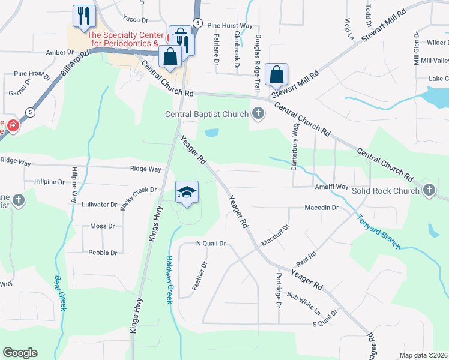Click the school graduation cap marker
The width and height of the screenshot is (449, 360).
187,193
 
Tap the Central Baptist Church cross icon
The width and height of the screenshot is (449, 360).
258,113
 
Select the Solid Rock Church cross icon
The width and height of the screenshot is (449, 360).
429,190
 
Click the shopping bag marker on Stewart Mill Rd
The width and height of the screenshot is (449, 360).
276,75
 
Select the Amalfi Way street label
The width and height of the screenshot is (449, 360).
332,187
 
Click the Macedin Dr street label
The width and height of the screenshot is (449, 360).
322,208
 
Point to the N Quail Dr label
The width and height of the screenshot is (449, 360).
211,244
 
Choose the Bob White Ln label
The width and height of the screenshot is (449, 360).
304,303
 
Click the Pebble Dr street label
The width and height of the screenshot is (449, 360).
103,253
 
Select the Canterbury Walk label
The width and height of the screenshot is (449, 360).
294,147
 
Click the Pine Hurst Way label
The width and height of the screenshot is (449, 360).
230,26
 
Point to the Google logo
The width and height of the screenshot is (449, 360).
20,353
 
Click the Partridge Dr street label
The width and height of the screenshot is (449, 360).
279,290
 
